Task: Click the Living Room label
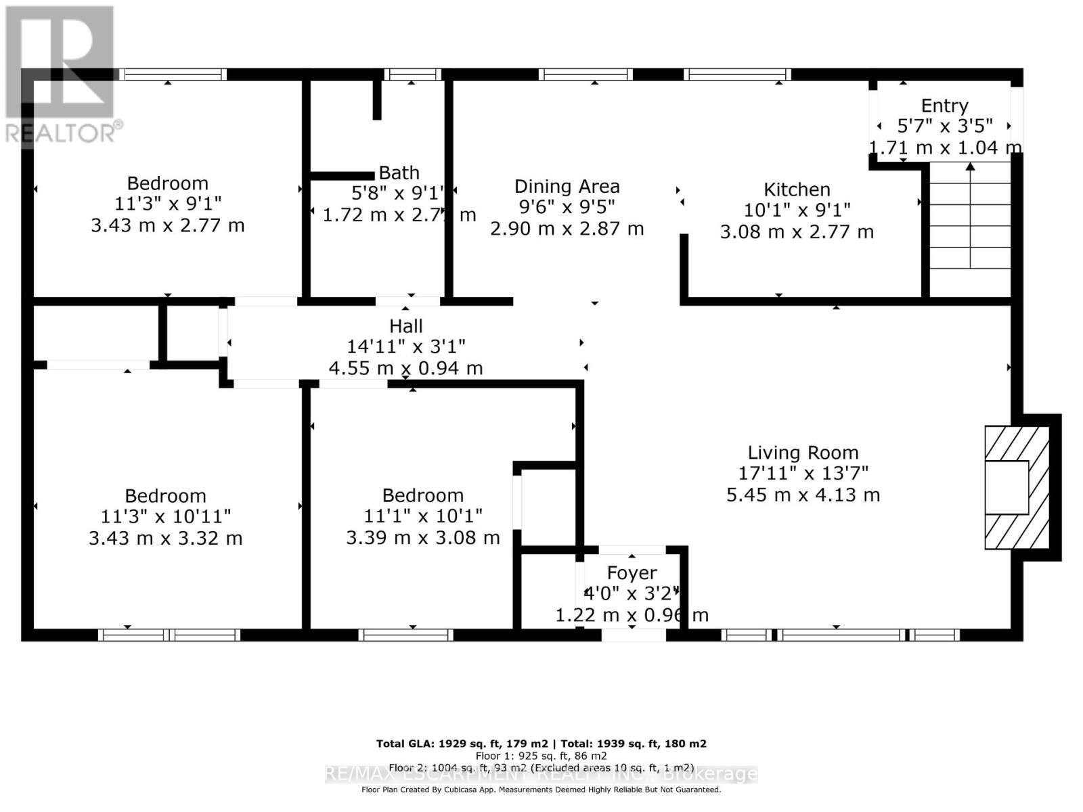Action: [x=803, y=453]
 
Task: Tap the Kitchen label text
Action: [x=797, y=189]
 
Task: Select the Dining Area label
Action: [x=567, y=186]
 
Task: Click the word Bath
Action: [x=399, y=173]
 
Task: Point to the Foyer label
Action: [x=632, y=573]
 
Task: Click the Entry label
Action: [x=944, y=106]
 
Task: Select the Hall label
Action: [x=405, y=326]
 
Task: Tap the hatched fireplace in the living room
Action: [x=1016, y=487]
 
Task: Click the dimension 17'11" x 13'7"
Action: [x=803, y=473]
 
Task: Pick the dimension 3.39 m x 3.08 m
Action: [x=422, y=538]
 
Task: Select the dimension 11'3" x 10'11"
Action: [x=165, y=516]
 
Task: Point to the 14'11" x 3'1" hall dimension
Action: [x=405, y=346]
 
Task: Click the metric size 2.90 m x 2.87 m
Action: [x=567, y=229]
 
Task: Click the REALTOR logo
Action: [x=61, y=74]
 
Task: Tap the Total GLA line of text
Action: [x=541, y=744]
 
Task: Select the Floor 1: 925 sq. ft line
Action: [x=541, y=756]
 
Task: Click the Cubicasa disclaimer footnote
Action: [x=541, y=790]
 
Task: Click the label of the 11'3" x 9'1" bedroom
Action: [x=167, y=183]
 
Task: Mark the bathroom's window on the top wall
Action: [x=412, y=74]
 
